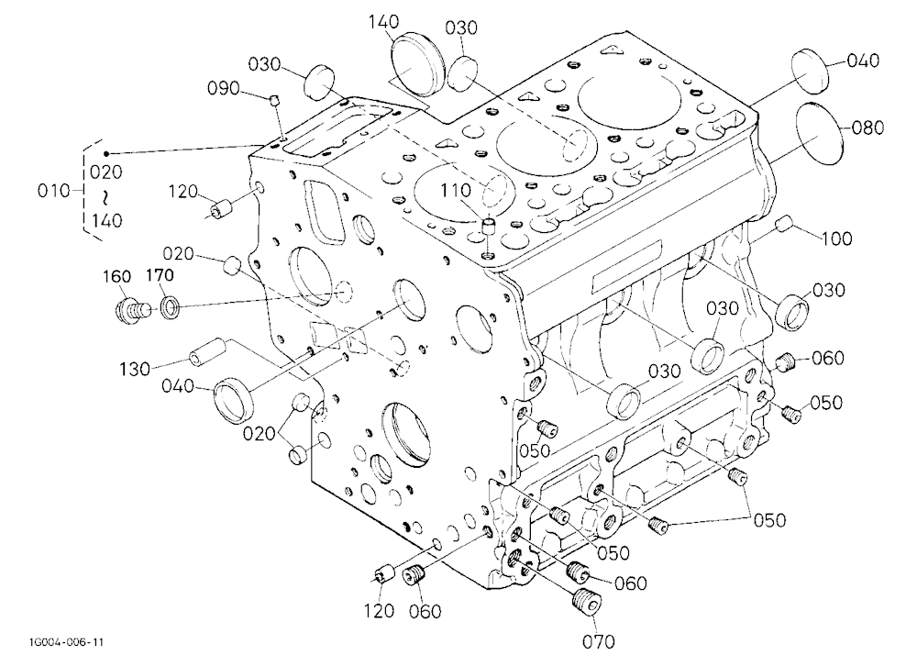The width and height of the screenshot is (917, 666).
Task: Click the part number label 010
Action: pyautogui.click(x=53, y=191)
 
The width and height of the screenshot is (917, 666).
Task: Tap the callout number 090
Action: pyautogui.click(x=224, y=88)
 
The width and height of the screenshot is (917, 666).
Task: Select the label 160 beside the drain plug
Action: pyautogui.click(x=117, y=276)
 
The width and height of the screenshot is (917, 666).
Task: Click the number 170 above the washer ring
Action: pyautogui.click(x=159, y=275)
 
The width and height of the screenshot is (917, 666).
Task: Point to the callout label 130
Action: pyautogui.click(x=135, y=370)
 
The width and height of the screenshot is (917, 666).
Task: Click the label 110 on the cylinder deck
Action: pyautogui.click(x=456, y=190)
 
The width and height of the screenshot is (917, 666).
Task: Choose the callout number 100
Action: pyautogui.click(x=836, y=239)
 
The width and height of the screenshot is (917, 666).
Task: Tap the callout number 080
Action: pyautogui.click(x=867, y=128)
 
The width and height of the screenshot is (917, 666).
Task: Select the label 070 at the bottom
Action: pyautogui.click(x=599, y=642)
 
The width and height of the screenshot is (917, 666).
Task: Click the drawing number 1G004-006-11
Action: pyautogui.click(x=65, y=642)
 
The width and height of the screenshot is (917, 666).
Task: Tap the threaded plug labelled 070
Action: pyautogui.click(x=585, y=602)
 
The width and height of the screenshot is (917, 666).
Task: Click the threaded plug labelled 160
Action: pyautogui.click(x=130, y=308)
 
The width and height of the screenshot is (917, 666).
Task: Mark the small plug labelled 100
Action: pyautogui.click(x=783, y=223)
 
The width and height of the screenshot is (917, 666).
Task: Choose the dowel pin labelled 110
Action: pyautogui.click(x=488, y=226)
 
